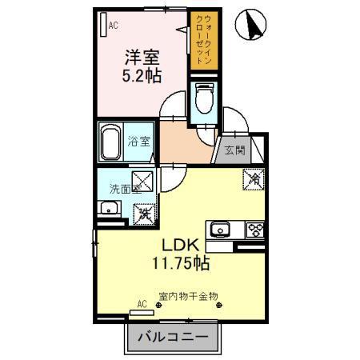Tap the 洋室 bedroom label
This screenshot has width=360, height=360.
pos(142,58)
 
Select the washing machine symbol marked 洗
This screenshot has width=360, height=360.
pos(145,213)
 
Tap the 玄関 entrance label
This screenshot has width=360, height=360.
pos(233,150)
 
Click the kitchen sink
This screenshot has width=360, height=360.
pos(220,230)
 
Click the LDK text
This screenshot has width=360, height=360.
pos(182,244)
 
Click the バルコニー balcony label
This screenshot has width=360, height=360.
pos(172,338)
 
